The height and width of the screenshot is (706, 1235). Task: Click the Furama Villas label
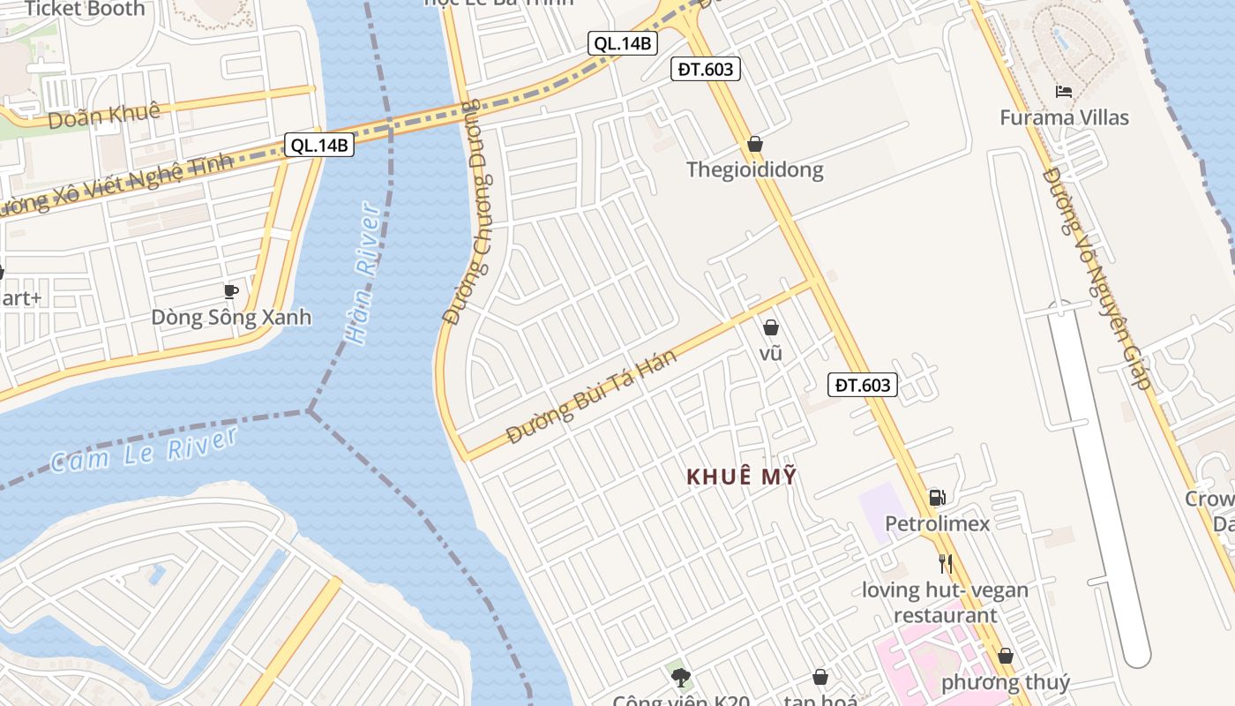pyautogui.click(x=1064, y=117)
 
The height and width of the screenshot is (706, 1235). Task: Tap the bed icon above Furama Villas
pyautogui.click(x=1064, y=91)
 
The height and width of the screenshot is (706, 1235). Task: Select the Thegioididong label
pyautogui.click(x=755, y=169)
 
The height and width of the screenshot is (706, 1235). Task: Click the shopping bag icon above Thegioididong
pyautogui.click(x=755, y=144)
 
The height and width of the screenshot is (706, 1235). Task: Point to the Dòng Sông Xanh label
pyautogui.click(x=231, y=317)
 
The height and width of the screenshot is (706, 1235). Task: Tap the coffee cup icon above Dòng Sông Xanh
pyautogui.click(x=231, y=291)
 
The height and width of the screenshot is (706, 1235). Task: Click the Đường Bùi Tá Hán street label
pyautogui.click(x=592, y=396)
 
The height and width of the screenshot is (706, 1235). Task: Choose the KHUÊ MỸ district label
pyautogui.click(x=742, y=477)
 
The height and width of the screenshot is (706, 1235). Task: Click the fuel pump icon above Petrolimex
pyautogui.click(x=938, y=498)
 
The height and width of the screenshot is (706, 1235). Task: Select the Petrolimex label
pyautogui.click(x=938, y=523)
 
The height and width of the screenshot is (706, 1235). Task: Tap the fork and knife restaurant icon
pyautogui.click(x=946, y=564)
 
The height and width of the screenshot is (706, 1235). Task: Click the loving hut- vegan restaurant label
pyautogui.click(x=946, y=602)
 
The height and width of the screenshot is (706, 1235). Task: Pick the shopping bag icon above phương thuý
pyautogui.click(x=1006, y=657)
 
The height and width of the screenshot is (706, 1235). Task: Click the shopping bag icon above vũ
pyautogui.click(x=771, y=327)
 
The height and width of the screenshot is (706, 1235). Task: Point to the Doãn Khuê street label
pyautogui.click(x=104, y=115)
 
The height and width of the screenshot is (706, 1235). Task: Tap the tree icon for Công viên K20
pyautogui.click(x=680, y=678)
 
